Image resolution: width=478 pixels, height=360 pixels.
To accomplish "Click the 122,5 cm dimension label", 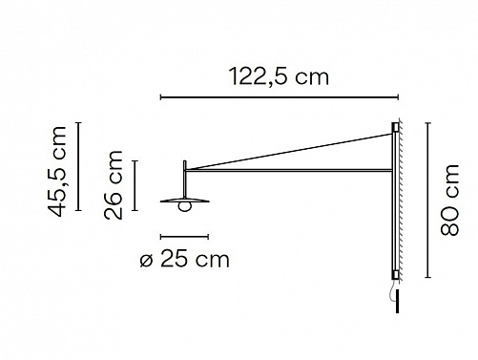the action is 279,77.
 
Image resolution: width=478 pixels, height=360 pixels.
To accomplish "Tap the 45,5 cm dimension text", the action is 57,172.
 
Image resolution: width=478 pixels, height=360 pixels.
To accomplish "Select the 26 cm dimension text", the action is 114,185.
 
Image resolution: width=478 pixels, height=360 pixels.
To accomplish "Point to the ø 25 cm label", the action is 184,260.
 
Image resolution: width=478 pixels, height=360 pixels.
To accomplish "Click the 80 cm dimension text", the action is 449,201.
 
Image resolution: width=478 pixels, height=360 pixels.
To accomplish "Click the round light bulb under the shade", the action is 185,206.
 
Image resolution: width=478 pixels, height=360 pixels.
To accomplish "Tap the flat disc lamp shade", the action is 185,201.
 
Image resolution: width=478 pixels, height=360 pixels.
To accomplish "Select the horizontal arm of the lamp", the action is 289,171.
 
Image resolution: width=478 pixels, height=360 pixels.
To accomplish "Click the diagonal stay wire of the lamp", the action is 289,152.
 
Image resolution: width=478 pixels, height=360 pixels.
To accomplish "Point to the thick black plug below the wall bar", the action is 397,301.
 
